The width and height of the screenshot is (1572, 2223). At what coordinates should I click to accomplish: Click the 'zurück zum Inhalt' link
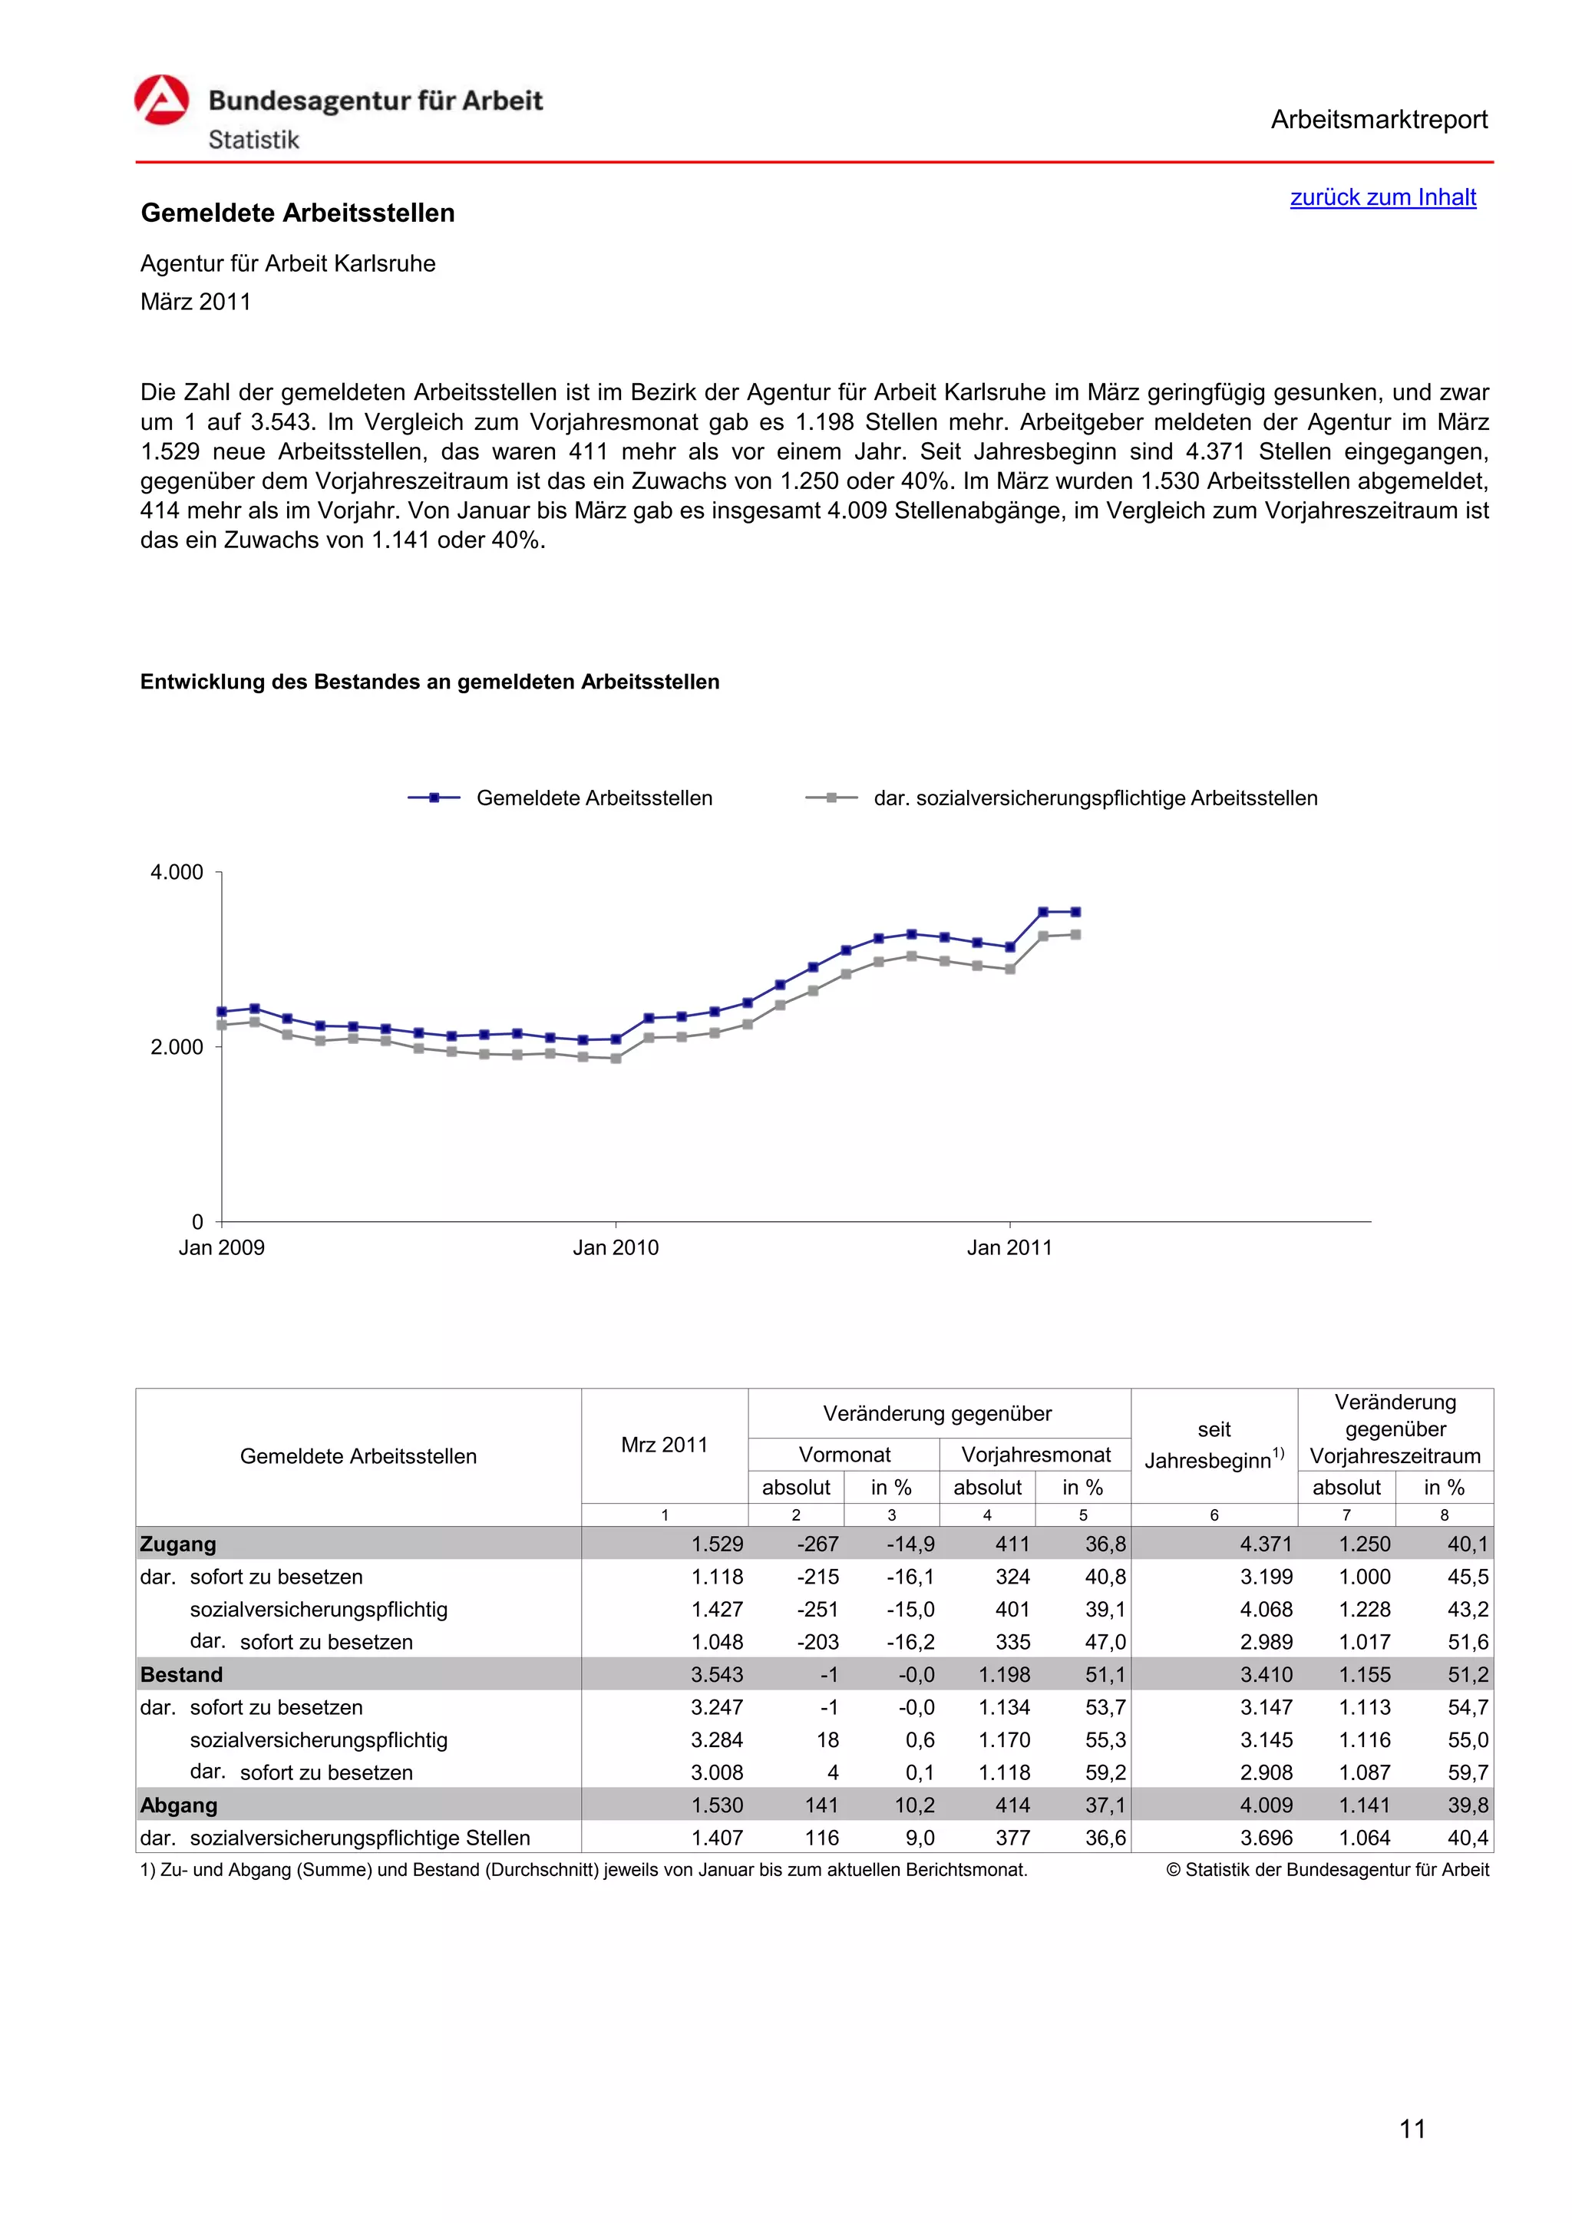tap(1382, 197)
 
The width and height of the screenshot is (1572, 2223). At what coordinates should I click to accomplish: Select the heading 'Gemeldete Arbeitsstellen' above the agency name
tap(297, 213)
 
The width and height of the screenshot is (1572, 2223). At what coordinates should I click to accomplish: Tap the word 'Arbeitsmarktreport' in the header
tap(1379, 120)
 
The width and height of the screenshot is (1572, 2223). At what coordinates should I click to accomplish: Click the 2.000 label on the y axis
tap(177, 1046)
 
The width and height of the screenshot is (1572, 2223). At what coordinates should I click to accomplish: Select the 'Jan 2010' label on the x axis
tap(615, 1247)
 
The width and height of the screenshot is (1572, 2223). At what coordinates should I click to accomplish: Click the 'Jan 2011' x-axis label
tap(1009, 1247)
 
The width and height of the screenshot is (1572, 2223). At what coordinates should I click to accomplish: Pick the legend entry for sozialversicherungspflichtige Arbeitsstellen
tap(1095, 798)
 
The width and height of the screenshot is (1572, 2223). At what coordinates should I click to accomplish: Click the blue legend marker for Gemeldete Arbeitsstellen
tap(434, 798)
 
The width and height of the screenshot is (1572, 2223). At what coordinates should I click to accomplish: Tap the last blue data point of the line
tap(1075, 912)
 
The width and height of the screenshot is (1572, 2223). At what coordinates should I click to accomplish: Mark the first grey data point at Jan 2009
tap(222, 1024)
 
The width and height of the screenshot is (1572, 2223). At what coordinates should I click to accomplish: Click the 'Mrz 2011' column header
tap(664, 1445)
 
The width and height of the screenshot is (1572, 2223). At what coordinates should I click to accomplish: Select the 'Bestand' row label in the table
tap(181, 1674)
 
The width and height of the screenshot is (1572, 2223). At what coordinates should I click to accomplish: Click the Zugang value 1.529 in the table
tap(716, 1544)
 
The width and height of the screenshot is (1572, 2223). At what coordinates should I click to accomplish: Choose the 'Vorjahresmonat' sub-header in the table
tap(1035, 1455)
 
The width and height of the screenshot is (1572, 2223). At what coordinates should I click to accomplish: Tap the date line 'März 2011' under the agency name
tap(196, 302)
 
